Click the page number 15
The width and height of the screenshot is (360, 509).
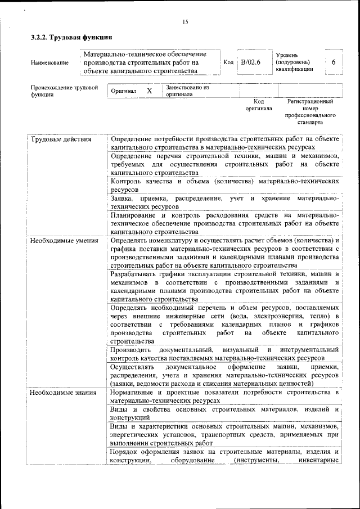point(185,22)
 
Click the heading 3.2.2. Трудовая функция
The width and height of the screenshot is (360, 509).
point(71,38)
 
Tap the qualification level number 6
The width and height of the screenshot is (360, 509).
point(334,62)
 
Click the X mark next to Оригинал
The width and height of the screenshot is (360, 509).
point(149,91)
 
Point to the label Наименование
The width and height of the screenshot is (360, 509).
point(49,63)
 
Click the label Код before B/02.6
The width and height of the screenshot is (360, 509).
point(228,62)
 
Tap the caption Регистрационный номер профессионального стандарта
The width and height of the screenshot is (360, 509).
point(310,111)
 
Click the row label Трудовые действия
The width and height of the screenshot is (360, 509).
point(61,139)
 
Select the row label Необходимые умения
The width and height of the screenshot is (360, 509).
point(64,241)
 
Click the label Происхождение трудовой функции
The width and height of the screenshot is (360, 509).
point(64,91)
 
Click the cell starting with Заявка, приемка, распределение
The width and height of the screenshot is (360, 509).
point(224,202)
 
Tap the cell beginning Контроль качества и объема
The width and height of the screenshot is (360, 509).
point(224,186)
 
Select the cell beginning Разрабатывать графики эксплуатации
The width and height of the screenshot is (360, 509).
point(224,287)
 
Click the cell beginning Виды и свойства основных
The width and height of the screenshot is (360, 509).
point(224,413)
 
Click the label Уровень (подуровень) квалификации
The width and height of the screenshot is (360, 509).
point(294,62)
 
